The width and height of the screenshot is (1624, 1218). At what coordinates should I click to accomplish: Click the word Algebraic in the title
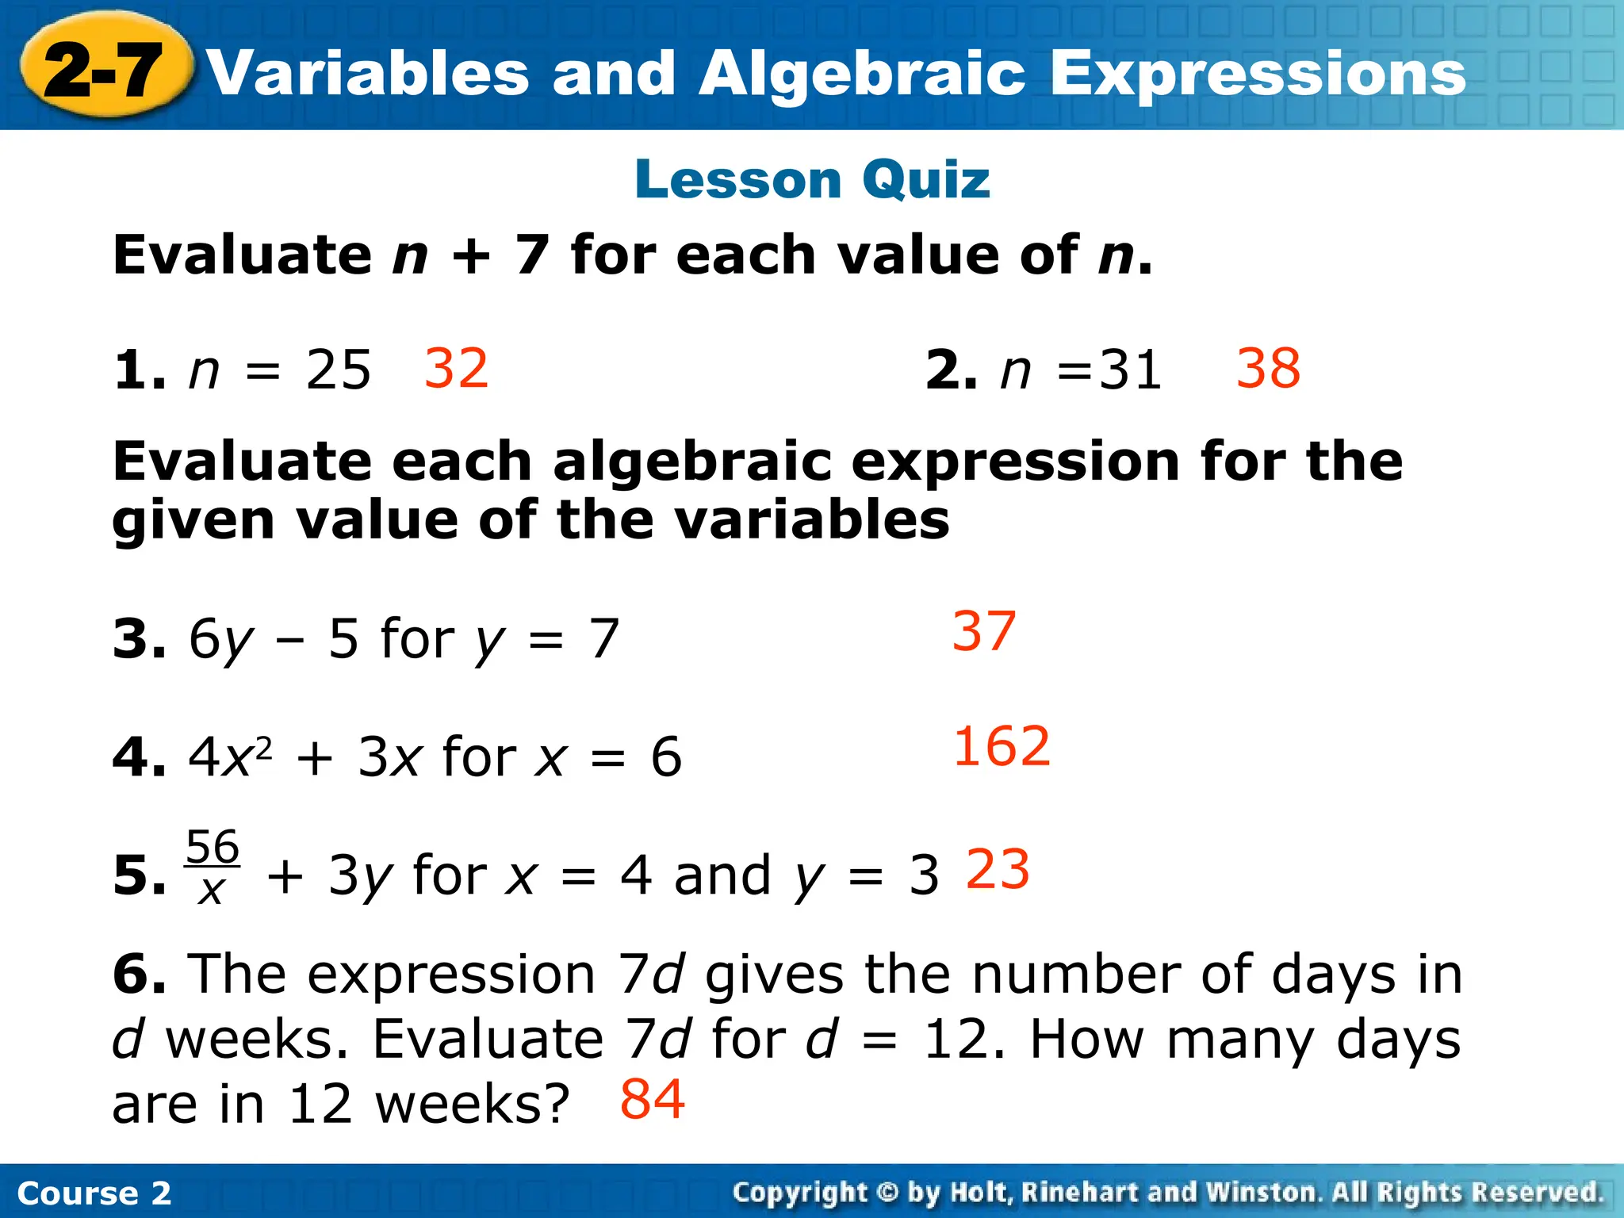863,73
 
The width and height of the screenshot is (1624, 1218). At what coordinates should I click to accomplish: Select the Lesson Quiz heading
812,179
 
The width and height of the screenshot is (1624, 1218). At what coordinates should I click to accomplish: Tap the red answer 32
456,369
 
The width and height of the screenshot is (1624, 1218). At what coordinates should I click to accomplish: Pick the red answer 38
1268,369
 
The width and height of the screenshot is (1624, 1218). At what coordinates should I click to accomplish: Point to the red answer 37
983,631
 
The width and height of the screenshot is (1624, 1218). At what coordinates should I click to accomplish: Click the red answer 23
998,869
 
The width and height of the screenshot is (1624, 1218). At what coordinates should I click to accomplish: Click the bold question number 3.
139,638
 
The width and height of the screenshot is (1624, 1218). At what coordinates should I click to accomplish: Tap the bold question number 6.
139,974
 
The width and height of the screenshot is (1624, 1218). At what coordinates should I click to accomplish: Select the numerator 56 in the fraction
213,847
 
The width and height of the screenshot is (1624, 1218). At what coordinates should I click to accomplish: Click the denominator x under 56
211,891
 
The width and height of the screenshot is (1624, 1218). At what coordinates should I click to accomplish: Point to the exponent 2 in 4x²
265,747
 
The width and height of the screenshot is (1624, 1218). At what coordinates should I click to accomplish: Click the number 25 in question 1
339,370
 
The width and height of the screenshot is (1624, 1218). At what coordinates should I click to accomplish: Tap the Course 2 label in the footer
94,1193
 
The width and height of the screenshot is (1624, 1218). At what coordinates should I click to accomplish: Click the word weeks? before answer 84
473,1104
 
